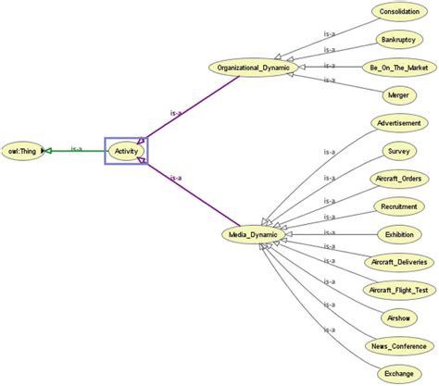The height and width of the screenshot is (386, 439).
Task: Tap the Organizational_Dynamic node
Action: click(x=253, y=68)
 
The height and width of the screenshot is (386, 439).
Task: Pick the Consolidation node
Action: click(x=398, y=12)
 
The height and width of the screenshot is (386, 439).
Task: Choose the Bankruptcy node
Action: click(x=398, y=40)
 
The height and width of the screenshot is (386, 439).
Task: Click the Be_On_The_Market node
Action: click(x=398, y=68)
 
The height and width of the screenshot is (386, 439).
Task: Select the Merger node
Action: click(x=398, y=94)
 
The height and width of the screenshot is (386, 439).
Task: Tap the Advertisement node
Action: click(x=398, y=122)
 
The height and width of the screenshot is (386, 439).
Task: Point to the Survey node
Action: click(x=398, y=150)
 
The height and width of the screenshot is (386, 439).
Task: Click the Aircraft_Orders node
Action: click(x=398, y=178)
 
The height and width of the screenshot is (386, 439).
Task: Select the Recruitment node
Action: click(x=398, y=205)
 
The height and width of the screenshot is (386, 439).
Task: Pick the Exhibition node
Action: click(x=398, y=234)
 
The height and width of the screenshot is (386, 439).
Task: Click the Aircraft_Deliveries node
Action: click(x=398, y=262)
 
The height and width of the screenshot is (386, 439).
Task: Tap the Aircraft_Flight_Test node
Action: click(x=398, y=290)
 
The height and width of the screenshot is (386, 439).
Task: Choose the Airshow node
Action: click(x=398, y=318)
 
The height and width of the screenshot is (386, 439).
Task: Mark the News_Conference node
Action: click(x=398, y=345)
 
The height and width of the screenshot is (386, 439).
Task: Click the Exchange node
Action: click(x=398, y=372)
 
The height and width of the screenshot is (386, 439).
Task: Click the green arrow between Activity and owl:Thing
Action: click(x=74, y=149)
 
